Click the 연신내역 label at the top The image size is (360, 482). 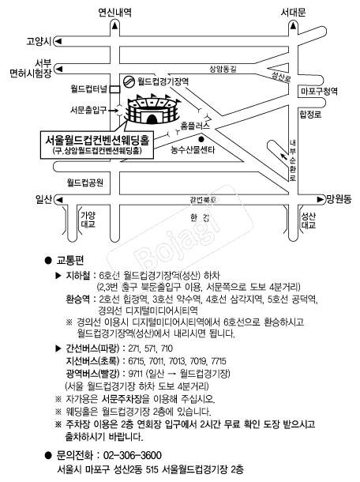click(115, 13)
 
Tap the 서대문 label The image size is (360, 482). click(294, 13)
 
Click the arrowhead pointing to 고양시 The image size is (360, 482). click(58, 41)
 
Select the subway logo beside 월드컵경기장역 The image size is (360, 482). click(129, 81)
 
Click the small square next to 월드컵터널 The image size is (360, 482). click(115, 89)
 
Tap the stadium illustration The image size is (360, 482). click(153, 109)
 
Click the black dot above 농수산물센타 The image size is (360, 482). click(201, 139)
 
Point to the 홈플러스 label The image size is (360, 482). click(195, 126)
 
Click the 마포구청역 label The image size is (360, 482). click(319, 91)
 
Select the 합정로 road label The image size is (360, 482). click(310, 115)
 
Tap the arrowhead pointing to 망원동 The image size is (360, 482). click(321, 199)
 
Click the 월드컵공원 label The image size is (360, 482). click(85, 183)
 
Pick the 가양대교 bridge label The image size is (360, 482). click(88, 220)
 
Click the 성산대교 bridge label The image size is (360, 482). click(308, 220)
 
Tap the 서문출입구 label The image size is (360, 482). click(88, 110)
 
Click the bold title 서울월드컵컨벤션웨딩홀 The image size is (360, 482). click(97, 140)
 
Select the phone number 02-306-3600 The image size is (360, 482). click(133, 455)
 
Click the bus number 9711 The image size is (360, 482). click(136, 374)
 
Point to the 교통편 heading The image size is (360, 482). click(69, 261)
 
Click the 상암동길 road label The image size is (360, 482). click(223, 69)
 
